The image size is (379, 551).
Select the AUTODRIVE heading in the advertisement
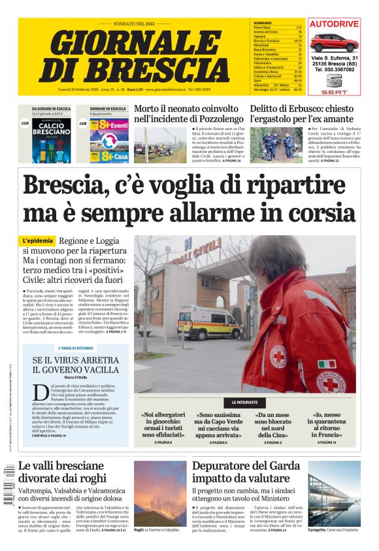334,24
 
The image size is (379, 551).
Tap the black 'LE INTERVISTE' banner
245,403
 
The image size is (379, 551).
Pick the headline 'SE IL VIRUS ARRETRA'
78,365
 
